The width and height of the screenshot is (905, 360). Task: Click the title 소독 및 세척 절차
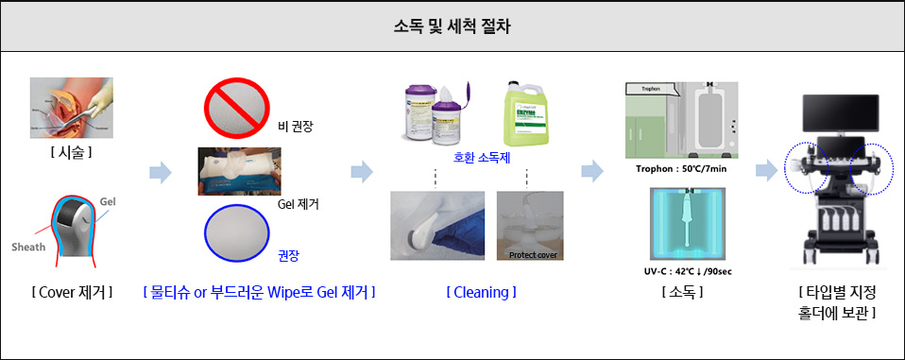click(x=452, y=26)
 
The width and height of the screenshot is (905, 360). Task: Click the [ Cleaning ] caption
click(x=481, y=293)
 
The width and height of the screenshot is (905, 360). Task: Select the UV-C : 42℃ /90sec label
click(x=680, y=271)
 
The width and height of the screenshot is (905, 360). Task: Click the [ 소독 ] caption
click(x=680, y=293)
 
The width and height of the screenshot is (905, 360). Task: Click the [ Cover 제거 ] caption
click(x=71, y=293)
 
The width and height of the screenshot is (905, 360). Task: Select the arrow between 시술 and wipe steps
click(x=162, y=172)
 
